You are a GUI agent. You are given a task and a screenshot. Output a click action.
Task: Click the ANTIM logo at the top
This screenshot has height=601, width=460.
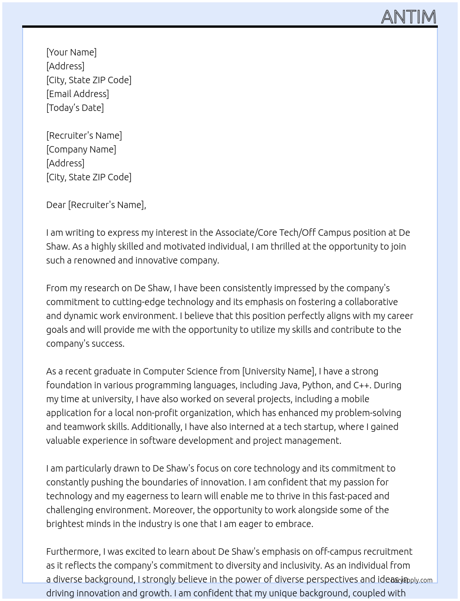409,17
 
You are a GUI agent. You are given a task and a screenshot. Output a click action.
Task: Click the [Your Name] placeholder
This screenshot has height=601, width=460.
71,52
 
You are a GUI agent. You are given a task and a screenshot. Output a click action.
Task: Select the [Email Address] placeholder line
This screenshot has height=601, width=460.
78,94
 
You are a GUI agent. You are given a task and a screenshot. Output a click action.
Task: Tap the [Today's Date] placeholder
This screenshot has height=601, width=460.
75,108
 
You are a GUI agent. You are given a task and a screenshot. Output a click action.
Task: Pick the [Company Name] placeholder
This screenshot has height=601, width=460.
81,149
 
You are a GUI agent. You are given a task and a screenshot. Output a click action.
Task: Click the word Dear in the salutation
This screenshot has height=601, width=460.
56,205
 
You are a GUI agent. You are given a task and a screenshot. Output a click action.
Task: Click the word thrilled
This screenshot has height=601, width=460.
285,246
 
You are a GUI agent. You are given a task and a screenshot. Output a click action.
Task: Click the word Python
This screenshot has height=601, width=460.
316,385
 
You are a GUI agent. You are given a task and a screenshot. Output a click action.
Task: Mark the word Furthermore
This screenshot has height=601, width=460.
73,552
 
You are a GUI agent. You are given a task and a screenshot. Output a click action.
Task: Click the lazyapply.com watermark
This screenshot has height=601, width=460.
412,580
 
